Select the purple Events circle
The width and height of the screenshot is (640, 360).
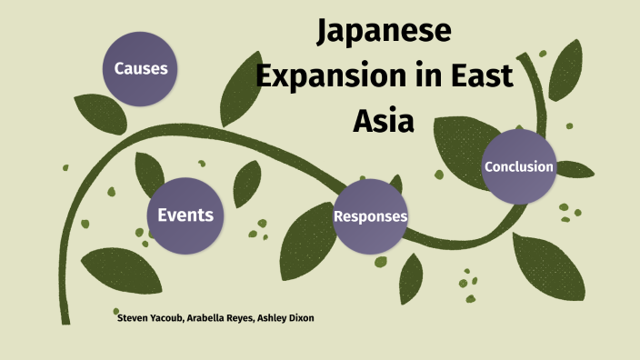[185, 215]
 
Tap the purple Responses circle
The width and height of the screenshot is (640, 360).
[370, 216]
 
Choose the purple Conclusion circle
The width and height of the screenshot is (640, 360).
[518, 166]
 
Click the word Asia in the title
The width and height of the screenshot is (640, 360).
[384, 118]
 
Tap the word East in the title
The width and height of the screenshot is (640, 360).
[482, 77]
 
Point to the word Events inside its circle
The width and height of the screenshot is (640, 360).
[185, 215]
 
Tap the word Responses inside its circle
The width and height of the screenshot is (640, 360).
[370, 217]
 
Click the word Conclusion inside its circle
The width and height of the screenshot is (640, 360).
[518, 166]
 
